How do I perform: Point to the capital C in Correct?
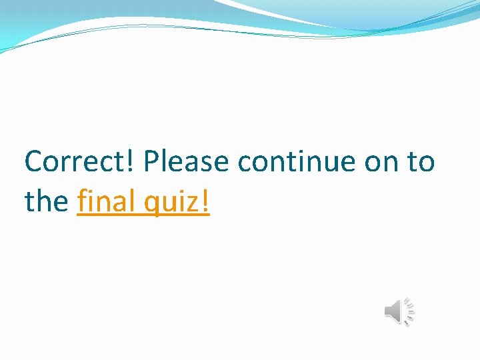[x=33, y=162]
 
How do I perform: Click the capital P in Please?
[x=150, y=162]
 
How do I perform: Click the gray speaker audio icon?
[x=395, y=311]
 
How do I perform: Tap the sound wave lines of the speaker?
[x=409, y=311]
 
